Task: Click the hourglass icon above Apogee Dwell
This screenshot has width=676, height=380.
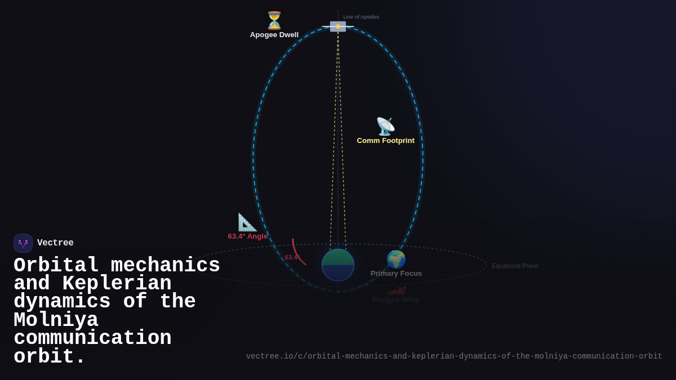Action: pos(274,20)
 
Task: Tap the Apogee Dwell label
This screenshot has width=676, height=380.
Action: pos(274,35)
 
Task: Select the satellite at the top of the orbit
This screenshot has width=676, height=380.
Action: pos(338,26)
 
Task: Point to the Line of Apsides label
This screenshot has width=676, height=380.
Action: pos(361,17)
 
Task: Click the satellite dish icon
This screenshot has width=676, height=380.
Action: pos(385,126)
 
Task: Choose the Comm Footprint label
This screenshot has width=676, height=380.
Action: pos(385,141)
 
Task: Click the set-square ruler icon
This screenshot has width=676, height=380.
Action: pos(247,222)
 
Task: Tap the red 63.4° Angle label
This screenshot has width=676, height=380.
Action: pos(248,236)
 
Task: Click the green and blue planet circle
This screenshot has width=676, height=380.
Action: pos(338,265)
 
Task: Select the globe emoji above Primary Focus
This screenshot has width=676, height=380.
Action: pos(396,259)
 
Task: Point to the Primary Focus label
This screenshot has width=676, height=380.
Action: pos(396,274)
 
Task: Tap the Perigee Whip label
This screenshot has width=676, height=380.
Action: pos(396,300)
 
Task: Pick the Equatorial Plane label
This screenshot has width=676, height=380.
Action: pos(515,266)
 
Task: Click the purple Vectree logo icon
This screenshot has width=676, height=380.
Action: pos(23,243)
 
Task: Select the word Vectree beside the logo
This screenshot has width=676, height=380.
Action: pos(55,243)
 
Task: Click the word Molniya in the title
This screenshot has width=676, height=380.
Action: pos(56,320)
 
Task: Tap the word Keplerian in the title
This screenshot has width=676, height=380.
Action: pos(117,284)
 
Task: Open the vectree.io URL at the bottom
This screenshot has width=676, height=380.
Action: pos(454,356)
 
